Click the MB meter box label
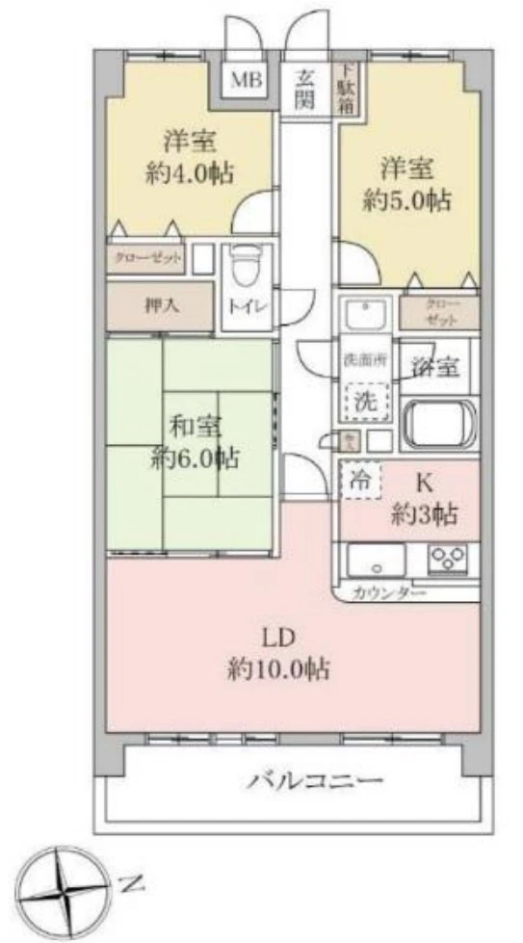(x=246, y=78)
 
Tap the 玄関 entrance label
(x=305, y=90)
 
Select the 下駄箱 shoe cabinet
(x=345, y=90)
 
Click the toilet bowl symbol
(x=247, y=267)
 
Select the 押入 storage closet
(x=160, y=306)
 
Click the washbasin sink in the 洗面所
(x=364, y=313)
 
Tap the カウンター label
(x=389, y=593)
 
